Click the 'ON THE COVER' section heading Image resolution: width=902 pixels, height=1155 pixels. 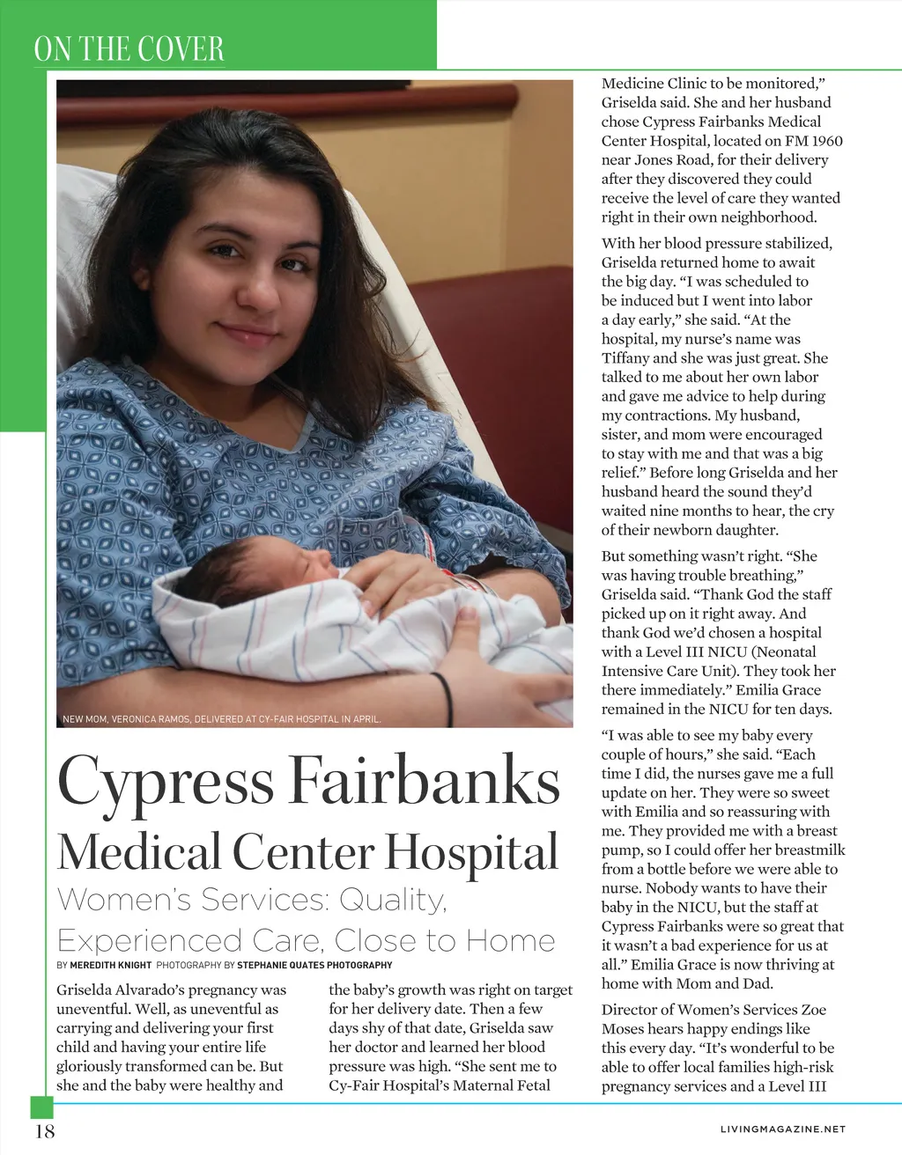[x=129, y=49]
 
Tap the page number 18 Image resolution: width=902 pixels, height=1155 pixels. [x=44, y=1131]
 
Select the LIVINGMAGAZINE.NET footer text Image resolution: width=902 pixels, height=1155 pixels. [x=783, y=1129]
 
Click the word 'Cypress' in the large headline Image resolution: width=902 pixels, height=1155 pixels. [x=166, y=783]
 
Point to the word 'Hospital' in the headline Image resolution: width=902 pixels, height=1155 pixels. [x=471, y=852]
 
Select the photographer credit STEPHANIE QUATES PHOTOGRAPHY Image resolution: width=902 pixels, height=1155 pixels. [x=314, y=965]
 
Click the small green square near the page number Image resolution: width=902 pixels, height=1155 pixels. [x=41, y=1107]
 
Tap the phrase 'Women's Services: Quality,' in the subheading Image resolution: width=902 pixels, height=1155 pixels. [x=252, y=900]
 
